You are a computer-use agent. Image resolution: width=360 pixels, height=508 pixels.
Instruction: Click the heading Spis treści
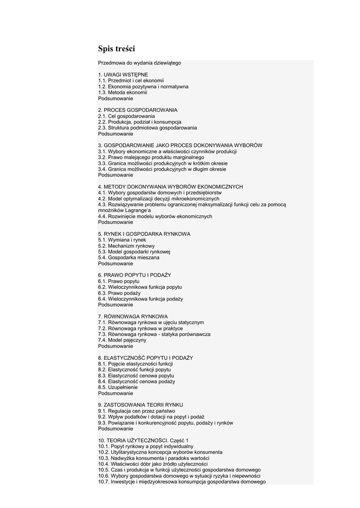pyautogui.click(x=116, y=49)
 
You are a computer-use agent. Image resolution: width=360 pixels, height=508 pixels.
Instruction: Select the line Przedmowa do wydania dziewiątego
pyautogui.click(x=140, y=63)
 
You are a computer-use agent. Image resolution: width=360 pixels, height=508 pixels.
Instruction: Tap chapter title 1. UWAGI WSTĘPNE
pyautogui.click(x=123, y=74)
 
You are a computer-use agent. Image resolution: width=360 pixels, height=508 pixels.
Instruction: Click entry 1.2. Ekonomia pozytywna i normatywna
pyautogui.click(x=143, y=86)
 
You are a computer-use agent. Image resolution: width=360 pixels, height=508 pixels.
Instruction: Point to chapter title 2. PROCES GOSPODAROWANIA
pyautogui.click(x=138, y=110)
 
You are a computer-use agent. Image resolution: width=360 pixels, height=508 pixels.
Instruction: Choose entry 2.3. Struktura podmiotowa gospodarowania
pyautogui.click(x=147, y=127)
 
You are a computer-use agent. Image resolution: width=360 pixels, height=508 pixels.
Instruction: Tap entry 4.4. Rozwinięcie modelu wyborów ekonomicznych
pyautogui.click(x=155, y=216)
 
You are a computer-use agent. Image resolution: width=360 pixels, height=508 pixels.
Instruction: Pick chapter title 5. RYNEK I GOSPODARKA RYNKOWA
pyautogui.click(x=144, y=234)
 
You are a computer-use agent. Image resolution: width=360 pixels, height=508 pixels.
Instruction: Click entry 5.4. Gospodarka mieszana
pyautogui.click(x=129, y=257)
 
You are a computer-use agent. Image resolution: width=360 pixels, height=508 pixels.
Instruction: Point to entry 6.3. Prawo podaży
pyautogui.click(x=119, y=293)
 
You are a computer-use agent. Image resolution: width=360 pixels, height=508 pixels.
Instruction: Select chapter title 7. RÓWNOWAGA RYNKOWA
pyautogui.click(x=133, y=317)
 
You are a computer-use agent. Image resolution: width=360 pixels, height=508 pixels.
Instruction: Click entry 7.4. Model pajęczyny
pyautogui.click(x=122, y=340)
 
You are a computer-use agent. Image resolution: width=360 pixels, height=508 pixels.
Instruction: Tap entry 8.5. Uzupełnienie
pyautogui.click(x=118, y=387)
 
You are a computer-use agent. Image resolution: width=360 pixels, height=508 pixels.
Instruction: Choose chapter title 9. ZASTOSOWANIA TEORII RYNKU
pyautogui.click(x=141, y=405)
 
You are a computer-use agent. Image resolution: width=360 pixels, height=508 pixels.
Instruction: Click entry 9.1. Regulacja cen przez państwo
pyautogui.click(x=137, y=411)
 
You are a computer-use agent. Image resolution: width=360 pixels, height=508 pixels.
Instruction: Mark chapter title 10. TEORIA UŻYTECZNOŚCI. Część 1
pyautogui.click(x=143, y=441)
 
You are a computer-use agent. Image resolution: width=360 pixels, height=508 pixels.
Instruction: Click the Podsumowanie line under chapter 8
pyautogui.click(x=115, y=393)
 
